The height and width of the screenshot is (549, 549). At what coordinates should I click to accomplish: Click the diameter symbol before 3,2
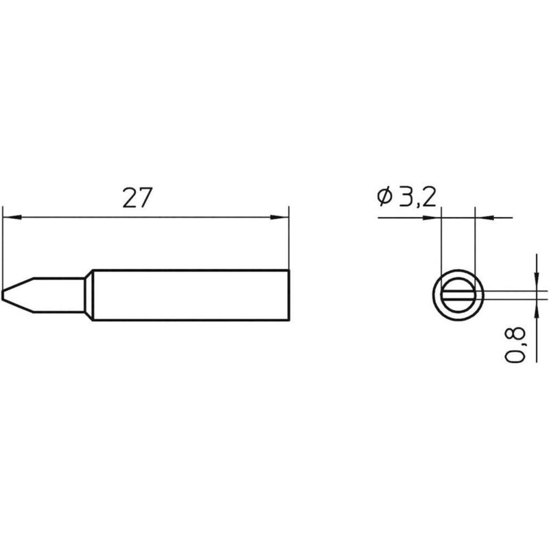pyautogui.click(x=384, y=197)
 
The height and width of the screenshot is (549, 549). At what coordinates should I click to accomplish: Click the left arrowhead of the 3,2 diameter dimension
pyautogui.click(x=434, y=218)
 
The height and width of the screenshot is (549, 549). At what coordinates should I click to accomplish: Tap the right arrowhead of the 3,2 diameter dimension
pyautogui.click(x=483, y=218)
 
